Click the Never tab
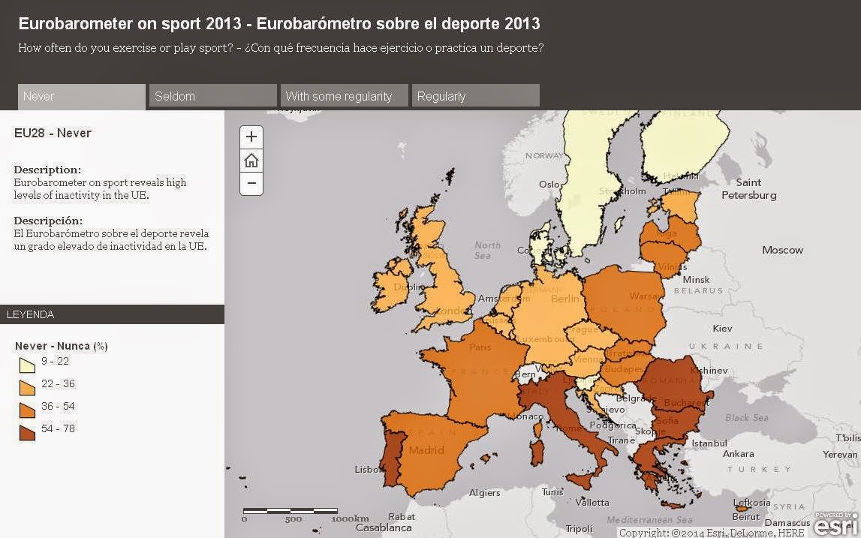click(81, 96)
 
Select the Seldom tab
click(212, 96)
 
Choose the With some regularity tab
click(344, 96)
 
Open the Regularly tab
click(475, 96)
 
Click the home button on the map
click(251, 161)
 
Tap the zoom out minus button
click(251, 183)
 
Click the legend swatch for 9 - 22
click(27, 365)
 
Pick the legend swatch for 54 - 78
click(27, 433)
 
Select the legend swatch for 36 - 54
click(27, 410)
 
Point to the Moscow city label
click(782, 250)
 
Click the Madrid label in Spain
click(426, 450)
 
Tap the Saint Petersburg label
click(748, 189)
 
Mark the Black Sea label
click(746, 417)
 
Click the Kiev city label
click(722, 329)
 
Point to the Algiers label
click(484, 493)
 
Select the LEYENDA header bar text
click(31, 314)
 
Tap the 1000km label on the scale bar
click(350, 518)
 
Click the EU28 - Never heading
click(53, 133)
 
